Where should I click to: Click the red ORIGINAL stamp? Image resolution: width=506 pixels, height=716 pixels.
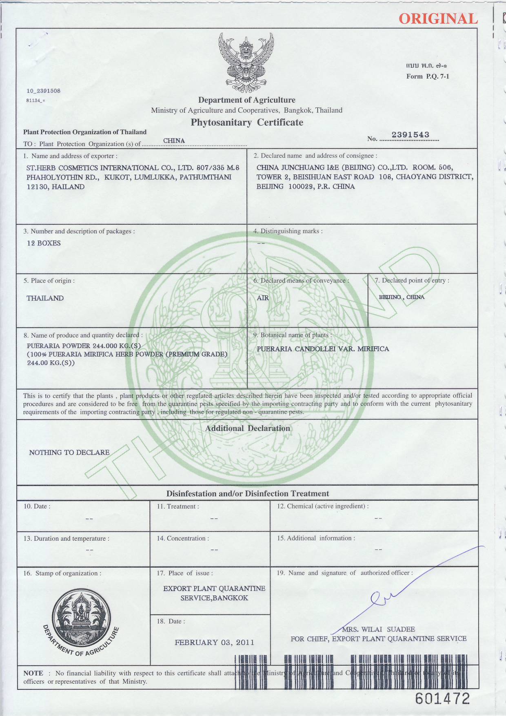click(438, 19)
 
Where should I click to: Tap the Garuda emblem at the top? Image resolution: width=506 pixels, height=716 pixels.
click(246, 62)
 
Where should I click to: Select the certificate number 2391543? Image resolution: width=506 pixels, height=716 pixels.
click(410, 135)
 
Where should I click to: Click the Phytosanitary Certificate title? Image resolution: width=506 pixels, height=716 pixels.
click(247, 123)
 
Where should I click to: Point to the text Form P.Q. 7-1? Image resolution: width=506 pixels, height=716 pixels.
click(427, 76)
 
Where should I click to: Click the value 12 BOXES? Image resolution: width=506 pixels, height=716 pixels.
click(44, 243)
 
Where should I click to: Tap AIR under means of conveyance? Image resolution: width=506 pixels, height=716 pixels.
click(263, 298)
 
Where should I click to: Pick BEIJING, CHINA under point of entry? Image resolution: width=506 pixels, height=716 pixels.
click(402, 297)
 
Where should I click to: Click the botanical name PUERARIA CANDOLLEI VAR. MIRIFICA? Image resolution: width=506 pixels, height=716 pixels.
click(323, 349)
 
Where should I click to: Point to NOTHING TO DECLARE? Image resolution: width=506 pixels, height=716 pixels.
click(69, 453)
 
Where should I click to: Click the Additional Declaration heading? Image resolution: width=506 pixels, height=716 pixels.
click(247, 428)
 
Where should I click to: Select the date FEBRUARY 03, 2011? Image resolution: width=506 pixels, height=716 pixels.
click(214, 642)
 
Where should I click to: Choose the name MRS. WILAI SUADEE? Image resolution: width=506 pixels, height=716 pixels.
click(378, 629)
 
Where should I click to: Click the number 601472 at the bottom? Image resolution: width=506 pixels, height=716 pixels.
click(442, 699)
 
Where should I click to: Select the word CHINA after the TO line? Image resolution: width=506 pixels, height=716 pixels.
click(174, 141)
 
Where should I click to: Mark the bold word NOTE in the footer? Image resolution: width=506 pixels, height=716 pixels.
click(33, 673)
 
